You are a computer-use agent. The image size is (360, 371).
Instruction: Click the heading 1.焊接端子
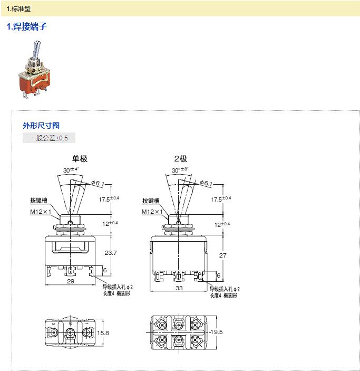pyautogui.click(x=26, y=26)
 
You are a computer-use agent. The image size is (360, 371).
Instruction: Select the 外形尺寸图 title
pyautogui.click(x=41, y=126)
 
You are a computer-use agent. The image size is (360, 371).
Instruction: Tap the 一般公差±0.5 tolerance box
pyautogui.click(x=49, y=138)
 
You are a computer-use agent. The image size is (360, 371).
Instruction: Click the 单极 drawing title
pyautogui.click(x=80, y=158)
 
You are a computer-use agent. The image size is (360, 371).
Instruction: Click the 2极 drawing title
pyautogui.click(x=180, y=158)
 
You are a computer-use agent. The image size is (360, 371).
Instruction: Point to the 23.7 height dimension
pyautogui.click(x=111, y=253)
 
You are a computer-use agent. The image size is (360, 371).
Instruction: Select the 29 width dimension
pyautogui.click(x=71, y=281)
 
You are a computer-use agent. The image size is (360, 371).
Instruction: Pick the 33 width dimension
pyautogui.click(x=179, y=288)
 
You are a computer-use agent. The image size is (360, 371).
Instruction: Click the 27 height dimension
pyautogui.click(x=222, y=255)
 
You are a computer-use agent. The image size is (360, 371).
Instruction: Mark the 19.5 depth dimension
pyautogui.click(x=216, y=332)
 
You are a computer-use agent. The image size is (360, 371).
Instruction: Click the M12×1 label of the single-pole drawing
pyautogui.click(x=40, y=212)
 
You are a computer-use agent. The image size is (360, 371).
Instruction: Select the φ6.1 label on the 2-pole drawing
pyautogui.click(x=205, y=183)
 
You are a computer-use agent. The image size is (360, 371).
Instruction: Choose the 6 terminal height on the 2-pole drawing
pyautogui.click(x=218, y=275)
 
